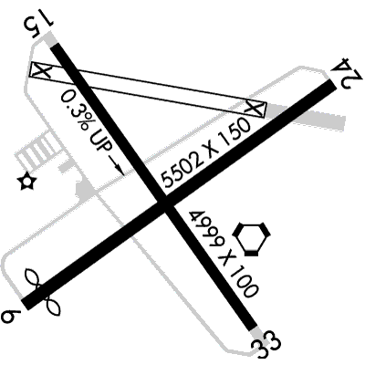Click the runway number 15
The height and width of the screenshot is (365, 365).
(x=38, y=26)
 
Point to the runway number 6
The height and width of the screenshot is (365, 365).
(x=11, y=317)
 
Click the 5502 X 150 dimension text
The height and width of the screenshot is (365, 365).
(x=207, y=153)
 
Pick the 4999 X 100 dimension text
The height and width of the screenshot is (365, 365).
(x=224, y=253)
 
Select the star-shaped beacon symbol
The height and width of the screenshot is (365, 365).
(x=26, y=182)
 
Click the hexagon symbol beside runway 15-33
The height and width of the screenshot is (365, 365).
(x=251, y=238)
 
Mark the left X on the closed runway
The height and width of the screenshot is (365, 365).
(x=41, y=70)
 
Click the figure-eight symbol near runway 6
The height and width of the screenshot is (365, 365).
(x=43, y=290)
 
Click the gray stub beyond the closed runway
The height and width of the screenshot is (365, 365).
(x=308, y=116)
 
